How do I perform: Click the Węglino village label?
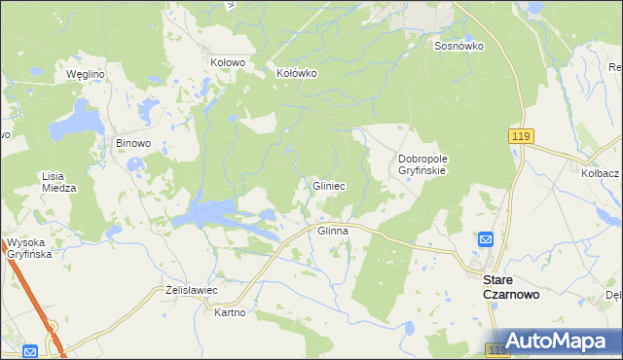pos(85,74)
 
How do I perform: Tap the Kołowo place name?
pos(228,62)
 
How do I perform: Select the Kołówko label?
pos(297,73)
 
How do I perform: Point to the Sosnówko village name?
pos(459,46)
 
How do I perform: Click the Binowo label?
pos(133,143)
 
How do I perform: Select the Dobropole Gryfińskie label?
pos(421,163)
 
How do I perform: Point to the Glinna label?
pos(333,232)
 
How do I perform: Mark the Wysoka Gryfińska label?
pos(28,248)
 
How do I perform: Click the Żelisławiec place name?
pos(191,291)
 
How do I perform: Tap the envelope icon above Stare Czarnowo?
pos(486,239)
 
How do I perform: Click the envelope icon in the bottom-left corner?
pos(30,351)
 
